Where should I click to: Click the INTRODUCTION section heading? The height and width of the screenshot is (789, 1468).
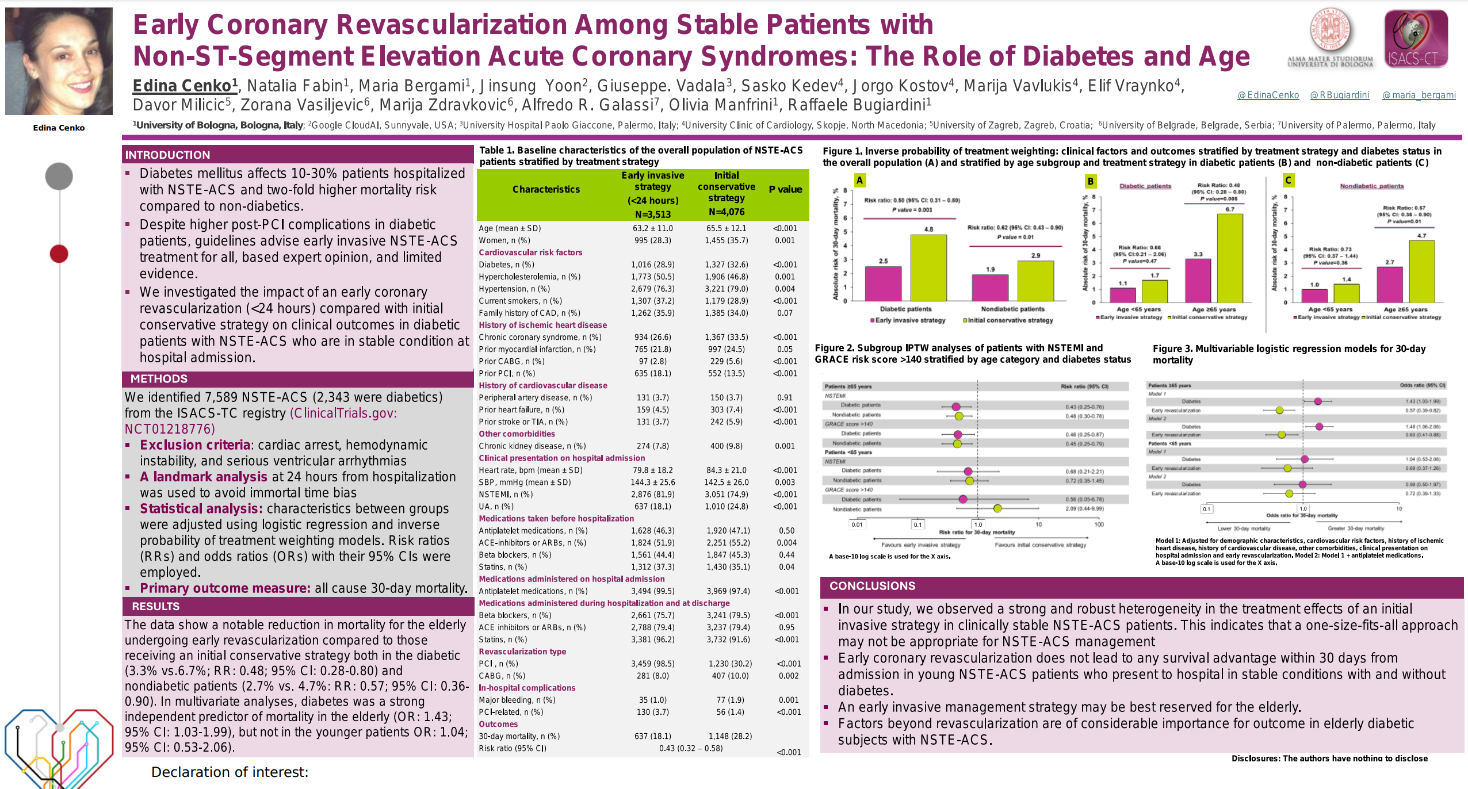(167, 155)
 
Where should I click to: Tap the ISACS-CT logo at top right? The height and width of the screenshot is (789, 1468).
(1416, 38)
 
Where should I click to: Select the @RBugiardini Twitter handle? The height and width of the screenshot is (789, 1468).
(1339, 95)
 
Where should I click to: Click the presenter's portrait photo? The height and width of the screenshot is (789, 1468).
(59, 61)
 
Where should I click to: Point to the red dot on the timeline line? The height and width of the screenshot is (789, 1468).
(59, 254)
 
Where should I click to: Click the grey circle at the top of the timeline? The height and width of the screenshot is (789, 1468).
(59, 176)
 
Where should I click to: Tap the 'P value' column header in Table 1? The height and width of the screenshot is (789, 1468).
(785, 189)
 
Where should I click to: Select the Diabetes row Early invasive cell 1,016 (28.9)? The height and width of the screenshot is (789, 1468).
(652, 265)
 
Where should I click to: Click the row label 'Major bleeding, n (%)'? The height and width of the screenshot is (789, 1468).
(517, 700)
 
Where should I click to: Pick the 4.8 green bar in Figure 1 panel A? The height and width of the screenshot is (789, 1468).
(928, 267)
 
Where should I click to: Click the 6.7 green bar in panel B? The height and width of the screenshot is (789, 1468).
(1229, 258)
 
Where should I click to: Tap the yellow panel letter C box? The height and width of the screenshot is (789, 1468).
(1288, 181)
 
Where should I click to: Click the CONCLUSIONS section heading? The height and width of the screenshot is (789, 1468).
(872, 586)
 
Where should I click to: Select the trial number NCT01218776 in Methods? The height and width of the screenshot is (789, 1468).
(170, 429)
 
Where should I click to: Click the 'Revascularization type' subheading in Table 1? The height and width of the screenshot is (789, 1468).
(522, 652)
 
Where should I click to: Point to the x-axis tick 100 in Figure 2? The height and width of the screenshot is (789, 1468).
(1099, 524)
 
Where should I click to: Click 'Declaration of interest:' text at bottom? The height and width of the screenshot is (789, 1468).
(230, 772)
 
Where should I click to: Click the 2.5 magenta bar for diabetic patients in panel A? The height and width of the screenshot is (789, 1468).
(883, 284)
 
